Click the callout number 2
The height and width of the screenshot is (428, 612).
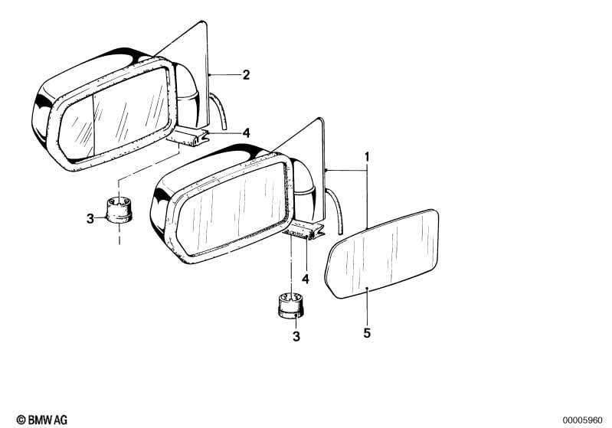click(246, 74)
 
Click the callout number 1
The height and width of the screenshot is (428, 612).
click(367, 157)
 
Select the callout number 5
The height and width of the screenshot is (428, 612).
click(367, 333)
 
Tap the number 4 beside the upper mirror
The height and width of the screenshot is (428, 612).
click(246, 133)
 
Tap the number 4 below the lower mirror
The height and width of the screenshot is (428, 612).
click(306, 279)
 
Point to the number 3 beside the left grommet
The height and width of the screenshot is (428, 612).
click(90, 218)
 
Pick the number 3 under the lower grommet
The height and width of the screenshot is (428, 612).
click(296, 336)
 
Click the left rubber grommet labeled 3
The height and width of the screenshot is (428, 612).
click(119, 210)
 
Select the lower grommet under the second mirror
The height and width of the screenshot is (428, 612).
click(291, 305)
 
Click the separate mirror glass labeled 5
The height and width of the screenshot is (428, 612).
click(382, 253)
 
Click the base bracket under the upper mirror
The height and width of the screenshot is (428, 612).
click(188, 137)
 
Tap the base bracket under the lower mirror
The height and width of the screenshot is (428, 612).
click(304, 231)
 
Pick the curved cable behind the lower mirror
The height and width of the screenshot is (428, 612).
click(335, 210)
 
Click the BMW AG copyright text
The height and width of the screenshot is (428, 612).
click(42, 420)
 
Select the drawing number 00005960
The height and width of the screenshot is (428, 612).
click(582, 420)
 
